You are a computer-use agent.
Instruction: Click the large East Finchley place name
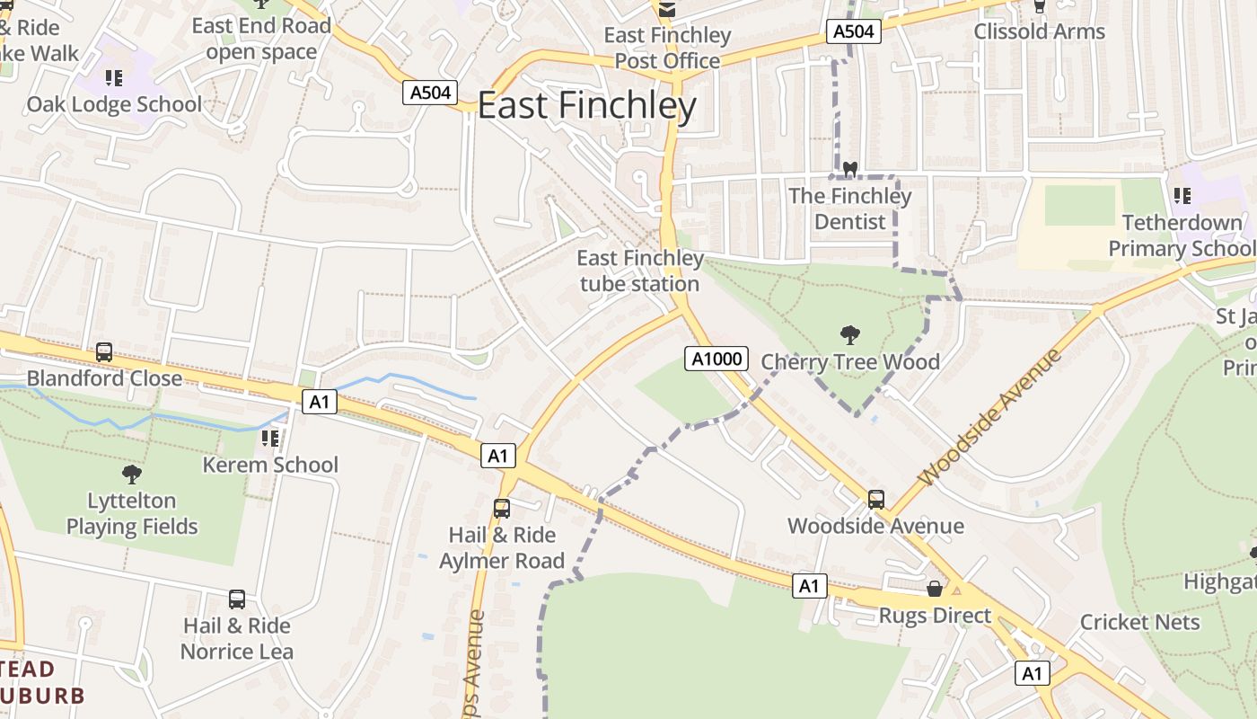586,106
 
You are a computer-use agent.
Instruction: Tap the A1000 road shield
716,359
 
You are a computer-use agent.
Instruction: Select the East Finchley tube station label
639,271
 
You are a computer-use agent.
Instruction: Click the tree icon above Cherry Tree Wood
849,336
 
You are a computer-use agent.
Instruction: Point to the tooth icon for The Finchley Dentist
849,169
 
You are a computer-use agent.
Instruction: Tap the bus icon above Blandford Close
104,352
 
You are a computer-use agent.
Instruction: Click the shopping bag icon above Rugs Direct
935,590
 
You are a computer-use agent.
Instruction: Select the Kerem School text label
270,465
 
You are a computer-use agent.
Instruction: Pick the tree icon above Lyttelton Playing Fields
132,474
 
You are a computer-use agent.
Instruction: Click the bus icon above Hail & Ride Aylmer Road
502,509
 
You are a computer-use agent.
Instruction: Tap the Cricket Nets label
1139,622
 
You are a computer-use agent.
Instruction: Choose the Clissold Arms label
1039,31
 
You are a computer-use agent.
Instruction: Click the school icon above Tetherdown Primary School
1182,195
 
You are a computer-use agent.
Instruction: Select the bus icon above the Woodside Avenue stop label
875,500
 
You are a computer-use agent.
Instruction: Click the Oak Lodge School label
114,104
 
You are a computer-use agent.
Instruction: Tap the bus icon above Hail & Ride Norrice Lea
237,599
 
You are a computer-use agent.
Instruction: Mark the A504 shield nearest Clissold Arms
853,32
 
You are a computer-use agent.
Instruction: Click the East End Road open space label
261,39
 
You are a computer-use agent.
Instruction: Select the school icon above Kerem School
269,439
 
